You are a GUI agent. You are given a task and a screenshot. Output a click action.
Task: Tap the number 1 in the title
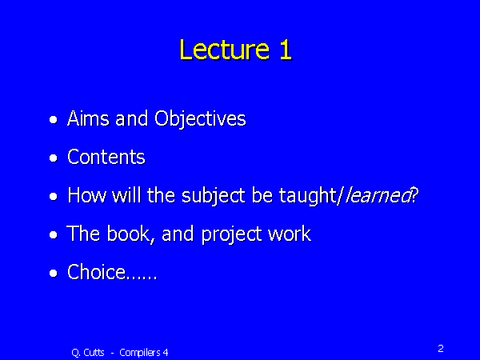point(285,50)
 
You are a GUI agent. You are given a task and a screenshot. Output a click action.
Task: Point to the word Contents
point(106,158)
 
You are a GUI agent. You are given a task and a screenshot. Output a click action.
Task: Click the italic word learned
point(375,196)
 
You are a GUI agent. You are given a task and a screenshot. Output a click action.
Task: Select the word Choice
point(97,273)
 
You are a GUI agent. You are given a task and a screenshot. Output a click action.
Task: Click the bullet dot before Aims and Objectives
point(54,121)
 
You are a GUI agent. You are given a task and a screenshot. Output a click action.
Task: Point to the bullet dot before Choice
point(54,274)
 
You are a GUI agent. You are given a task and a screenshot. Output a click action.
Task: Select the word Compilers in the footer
point(141,352)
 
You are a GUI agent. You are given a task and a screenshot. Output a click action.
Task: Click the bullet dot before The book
point(54,236)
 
